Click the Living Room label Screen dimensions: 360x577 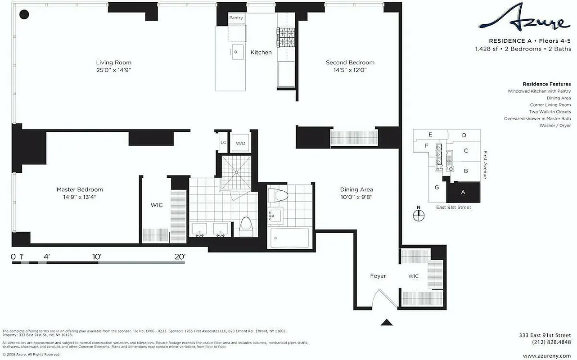coord(113,63)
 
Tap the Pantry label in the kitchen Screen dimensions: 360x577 coord(236,18)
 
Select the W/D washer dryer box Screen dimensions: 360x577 coord(240,143)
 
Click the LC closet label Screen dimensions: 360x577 coord(223,143)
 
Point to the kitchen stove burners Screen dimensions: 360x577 coord(284,34)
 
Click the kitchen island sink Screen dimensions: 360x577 coord(237,52)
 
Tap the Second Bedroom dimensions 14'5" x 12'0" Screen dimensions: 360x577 coord(350,70)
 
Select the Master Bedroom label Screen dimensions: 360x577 coord(80,189)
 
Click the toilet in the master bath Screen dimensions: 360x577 coord(246,226)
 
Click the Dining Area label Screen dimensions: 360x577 coord(356,189)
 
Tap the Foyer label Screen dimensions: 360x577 coord(378,276)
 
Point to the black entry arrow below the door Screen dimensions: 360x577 coord(386,322)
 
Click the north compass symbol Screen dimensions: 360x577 coord(418,213)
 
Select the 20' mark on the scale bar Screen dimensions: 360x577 coord(180,256)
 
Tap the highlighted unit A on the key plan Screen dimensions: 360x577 coord(463,192)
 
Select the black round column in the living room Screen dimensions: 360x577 coord(24,15)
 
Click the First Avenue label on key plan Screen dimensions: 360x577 coord(485,164)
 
